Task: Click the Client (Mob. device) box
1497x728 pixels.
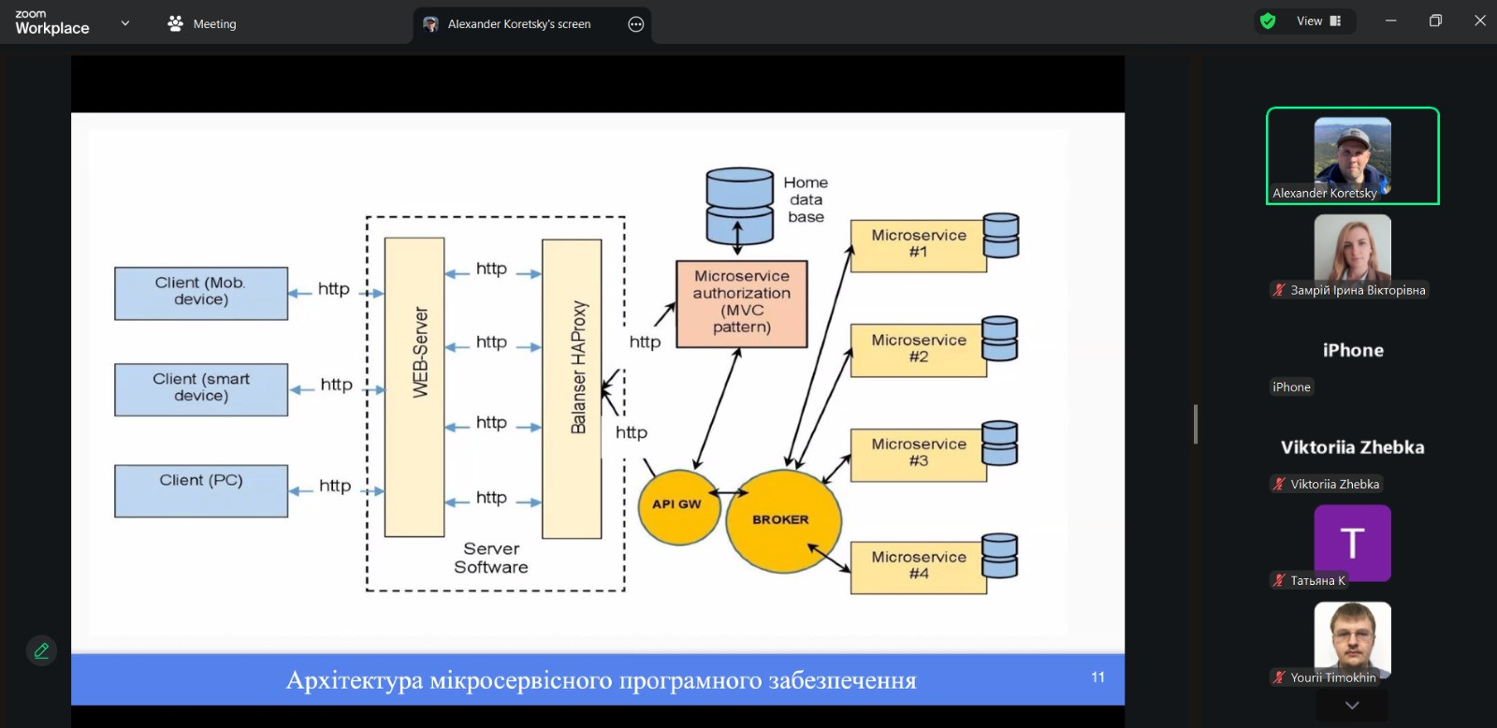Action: pos(201,294)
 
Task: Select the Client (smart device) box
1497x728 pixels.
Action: pos(201,390)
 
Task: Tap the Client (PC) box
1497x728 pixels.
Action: pos(201,490)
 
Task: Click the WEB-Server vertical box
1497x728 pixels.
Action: pos(414,387)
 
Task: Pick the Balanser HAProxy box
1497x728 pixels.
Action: pos(572,389)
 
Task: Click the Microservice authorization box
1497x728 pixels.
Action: pos(742,304)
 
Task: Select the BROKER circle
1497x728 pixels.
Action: pos(783,521)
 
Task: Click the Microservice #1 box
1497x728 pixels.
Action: pos(918,245)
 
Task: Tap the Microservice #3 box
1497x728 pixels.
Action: pos(918,455)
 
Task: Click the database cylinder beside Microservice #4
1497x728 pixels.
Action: pos(1000,556)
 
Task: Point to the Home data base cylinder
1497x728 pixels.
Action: pos(740,206)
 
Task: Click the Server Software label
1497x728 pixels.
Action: pos(491,558)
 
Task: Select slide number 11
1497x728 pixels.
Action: pos(1097,677)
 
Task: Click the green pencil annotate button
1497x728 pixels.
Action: pos(41,650)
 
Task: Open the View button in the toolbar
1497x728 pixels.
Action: pos(1318,22)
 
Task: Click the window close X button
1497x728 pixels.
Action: pos(1479,21)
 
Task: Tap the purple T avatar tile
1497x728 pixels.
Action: pos(1352,543)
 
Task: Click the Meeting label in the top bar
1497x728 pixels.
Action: pos(214,24)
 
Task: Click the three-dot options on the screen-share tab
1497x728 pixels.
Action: pos(635,24)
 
